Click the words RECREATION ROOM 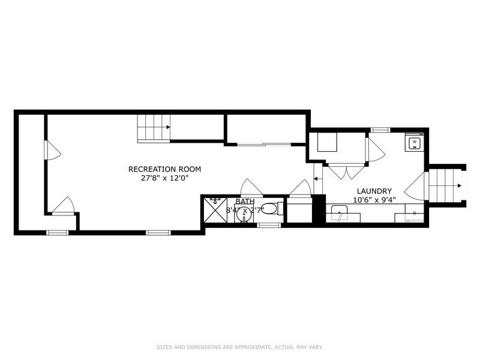pyautogui.click(x=164, y=169)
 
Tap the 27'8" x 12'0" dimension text pyautogui.click(x=164, y=178)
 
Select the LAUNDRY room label pyautogui.click(x=376, y=191)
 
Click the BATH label pyautogui.click(x=245, y=202)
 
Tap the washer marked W pyautogui.click(x=414, y=143)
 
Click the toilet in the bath pyautogui.click(x=271, y=209)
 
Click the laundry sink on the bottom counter pyautogui.click(x=340, y=214)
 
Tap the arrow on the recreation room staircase pyautogui.click(x=167, y=127)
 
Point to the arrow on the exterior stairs pyautogui.click(x=458, y=185)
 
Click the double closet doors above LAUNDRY pyautogui.click(x=346, y=172)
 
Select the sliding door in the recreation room pyautogui.click(x=264, y=144)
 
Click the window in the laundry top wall pyautogui.click(x=380, y=130)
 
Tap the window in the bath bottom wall pyautogui.click(x=269, y=225)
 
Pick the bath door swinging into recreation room pyautogui.click(x=249, y=188)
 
